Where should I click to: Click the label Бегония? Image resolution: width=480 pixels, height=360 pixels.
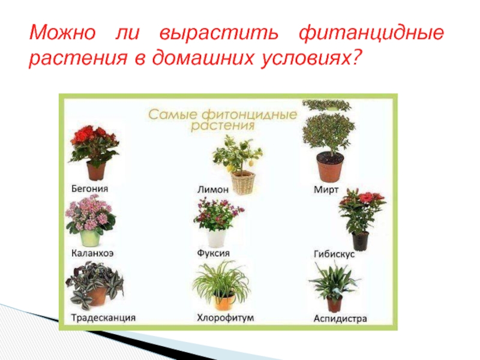click(x=89, y=188)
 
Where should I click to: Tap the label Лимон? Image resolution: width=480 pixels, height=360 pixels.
click(x=213, y=190)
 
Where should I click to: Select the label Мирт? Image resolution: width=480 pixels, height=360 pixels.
click(x=326, y=190)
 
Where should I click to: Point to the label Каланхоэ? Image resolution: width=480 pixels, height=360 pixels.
click(x=92, y=253)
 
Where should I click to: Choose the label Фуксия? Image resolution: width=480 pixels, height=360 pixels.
click(x=214, y=253)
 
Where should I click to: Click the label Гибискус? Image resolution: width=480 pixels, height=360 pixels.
click(x=334, y=254)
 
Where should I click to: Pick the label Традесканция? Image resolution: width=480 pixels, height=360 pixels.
click(x=103, y=318)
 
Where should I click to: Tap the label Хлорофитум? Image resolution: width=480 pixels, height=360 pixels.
click(x=226, y=318)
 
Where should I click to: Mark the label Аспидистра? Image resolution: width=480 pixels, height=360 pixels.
click(x=340, y=319)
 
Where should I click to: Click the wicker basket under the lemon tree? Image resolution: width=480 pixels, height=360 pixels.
click(x=243, y=183)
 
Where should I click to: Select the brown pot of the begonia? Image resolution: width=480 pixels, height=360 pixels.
click(x=96, y=171)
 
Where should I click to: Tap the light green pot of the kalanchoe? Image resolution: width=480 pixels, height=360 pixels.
click(x=91, y=238)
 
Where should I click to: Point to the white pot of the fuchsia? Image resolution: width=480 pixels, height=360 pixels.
click(x=217, y=238)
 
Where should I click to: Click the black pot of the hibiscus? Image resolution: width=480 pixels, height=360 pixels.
click(x=361, y=241)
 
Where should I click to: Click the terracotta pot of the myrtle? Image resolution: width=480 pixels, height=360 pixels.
click(x=330, y=167)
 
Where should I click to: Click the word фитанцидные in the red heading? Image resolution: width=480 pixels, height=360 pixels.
click(x=371, y=33)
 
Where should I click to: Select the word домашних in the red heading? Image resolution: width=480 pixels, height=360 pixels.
click(x=203, y=57)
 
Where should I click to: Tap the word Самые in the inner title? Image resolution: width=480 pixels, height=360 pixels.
click(x=173, y=115)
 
